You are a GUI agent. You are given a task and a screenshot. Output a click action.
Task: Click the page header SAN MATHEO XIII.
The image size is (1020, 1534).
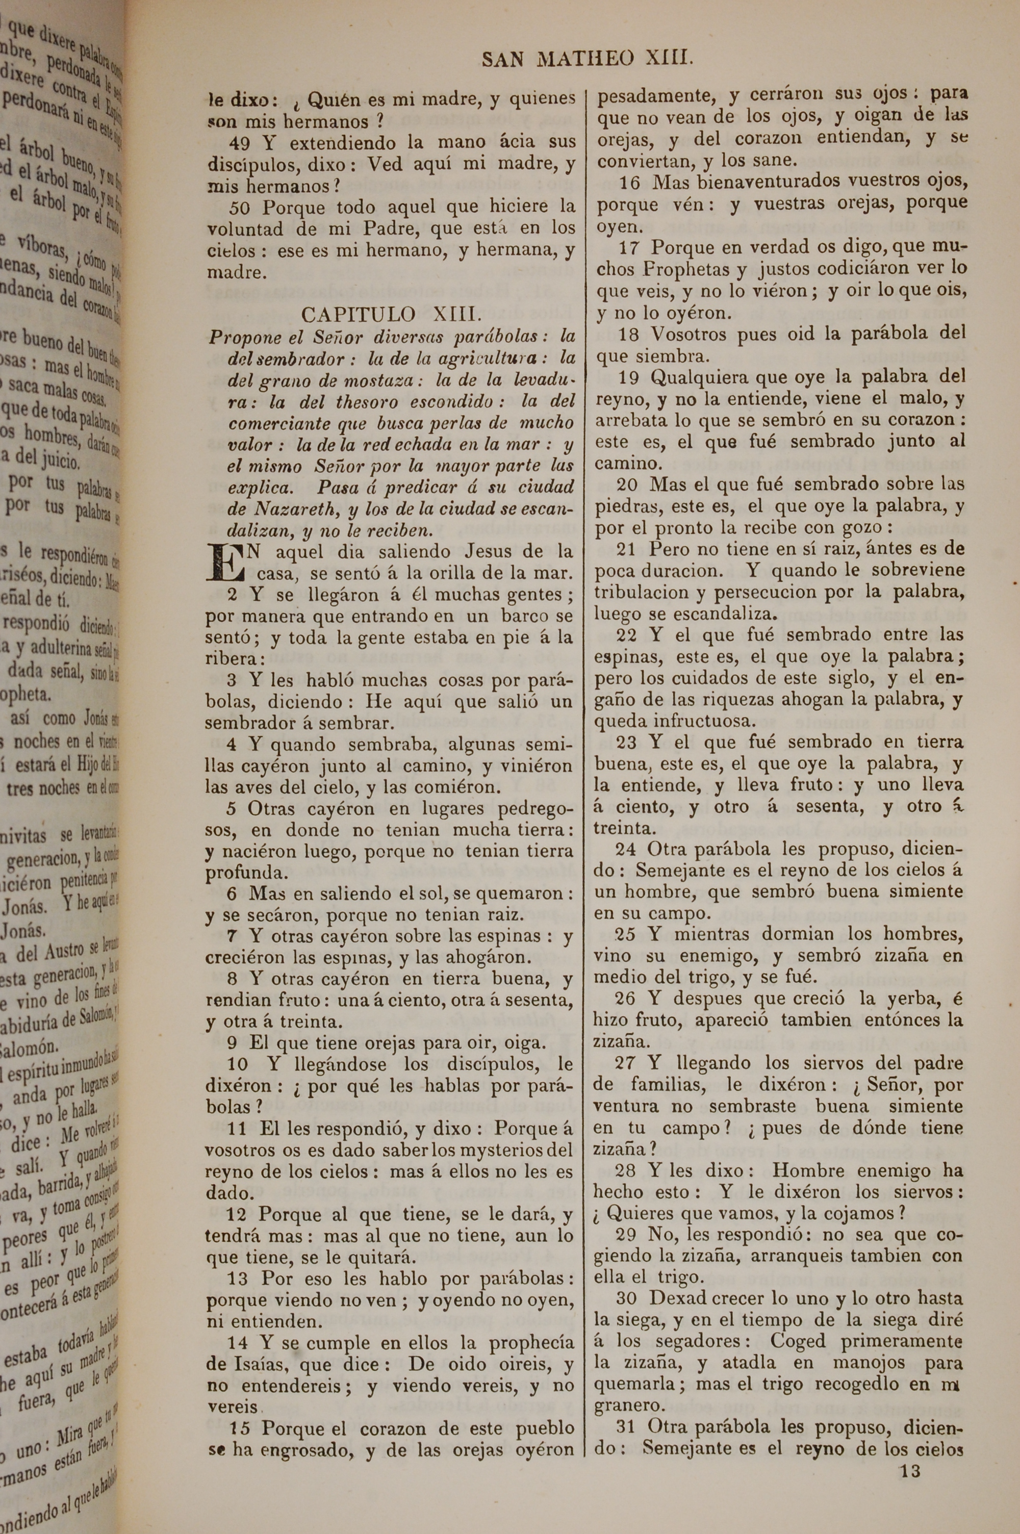588,60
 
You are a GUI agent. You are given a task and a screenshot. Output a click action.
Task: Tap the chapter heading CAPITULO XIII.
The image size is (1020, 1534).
392,315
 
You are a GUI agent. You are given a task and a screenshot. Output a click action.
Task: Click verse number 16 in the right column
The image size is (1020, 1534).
630,182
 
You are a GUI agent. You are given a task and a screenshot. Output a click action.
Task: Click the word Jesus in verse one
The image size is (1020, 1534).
489,552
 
